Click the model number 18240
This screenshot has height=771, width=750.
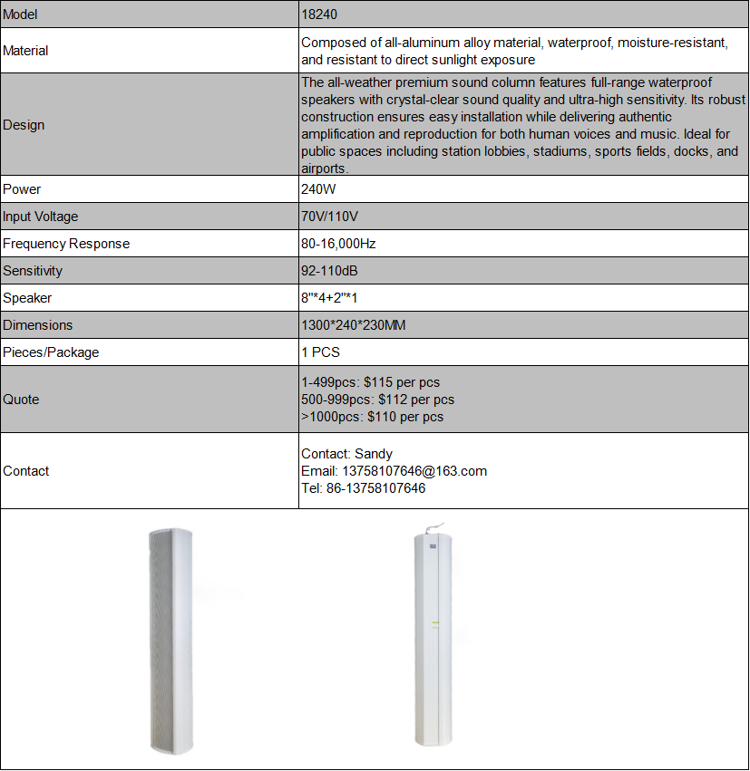[x=319, y=14]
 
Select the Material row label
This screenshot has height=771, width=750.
[x=25, y=51]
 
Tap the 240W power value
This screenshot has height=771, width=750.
[x=317, y=189]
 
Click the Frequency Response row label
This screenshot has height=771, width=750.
[x=66, y=244]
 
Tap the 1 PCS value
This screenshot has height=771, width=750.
[x=320, y=352]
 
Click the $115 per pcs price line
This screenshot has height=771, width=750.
[x=370, y=382]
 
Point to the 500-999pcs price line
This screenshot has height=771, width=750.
[x=377, y=400]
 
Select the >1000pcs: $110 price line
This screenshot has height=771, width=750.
[x=372, y=417]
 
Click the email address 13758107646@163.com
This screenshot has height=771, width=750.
[x=414, y=471]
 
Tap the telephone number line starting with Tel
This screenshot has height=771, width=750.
[x=363, y=488]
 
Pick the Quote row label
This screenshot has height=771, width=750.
[x=21, y=400]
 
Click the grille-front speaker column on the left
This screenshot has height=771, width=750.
[x=171, y=640]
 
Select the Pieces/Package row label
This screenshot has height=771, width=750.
[x=51, y=352]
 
